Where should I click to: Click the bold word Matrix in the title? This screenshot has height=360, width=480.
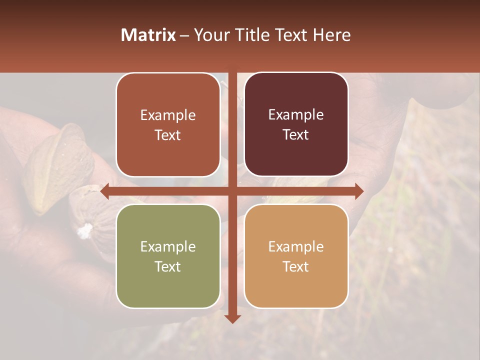pos(148,35)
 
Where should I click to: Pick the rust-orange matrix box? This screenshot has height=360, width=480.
pos(168,124)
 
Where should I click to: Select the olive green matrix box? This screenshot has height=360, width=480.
pos(168,256)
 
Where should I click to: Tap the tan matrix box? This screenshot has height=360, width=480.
pos(296,256)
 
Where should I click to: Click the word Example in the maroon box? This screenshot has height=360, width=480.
pos(296,114)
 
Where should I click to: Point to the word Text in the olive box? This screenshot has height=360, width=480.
pos(168,266)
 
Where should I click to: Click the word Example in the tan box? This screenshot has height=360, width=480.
pos(296,246)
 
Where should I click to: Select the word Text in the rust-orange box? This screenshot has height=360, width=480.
pos(168,135)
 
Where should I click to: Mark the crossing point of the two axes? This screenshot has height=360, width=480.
pos(232,191)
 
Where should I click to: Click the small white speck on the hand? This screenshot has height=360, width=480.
pos(85,230)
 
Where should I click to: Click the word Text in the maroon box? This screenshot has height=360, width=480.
pos(296,134)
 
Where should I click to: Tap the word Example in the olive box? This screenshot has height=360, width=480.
pos(168,246)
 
